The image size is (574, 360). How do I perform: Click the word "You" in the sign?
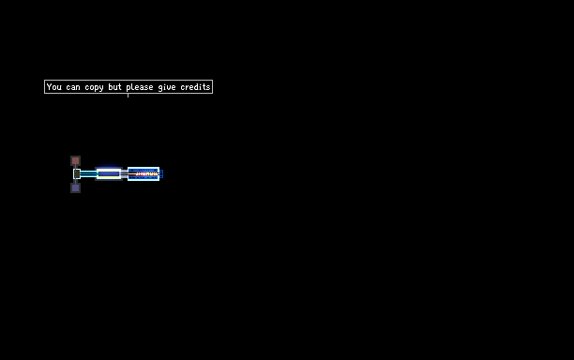[54, 86]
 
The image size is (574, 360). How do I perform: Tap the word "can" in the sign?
[73, 87]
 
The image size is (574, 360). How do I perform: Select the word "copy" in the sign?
[94, 88]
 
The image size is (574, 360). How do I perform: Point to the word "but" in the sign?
[114, 86]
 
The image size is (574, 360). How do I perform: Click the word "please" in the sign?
[140, 87]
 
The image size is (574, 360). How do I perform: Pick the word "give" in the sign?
[167, 87]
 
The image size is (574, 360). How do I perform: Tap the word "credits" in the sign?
[195, 86]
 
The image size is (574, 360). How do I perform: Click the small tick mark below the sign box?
[128, 96]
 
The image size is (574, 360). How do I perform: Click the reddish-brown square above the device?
[75, 160]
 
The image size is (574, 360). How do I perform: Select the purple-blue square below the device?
[75, 188]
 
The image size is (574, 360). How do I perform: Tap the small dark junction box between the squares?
[77, 174]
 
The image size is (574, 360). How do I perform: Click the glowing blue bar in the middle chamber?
[109, 173]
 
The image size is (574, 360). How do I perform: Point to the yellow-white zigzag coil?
[146, 174]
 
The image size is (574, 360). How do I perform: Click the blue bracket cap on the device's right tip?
[161, 174]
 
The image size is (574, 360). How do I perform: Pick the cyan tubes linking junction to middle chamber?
[88, 173]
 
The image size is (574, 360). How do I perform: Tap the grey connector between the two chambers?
[125, 174]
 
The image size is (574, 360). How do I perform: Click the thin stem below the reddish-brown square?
[75, 167]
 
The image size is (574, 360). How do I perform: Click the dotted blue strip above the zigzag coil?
[143, 170]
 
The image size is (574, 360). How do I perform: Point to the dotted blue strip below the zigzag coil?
[143, 178]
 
